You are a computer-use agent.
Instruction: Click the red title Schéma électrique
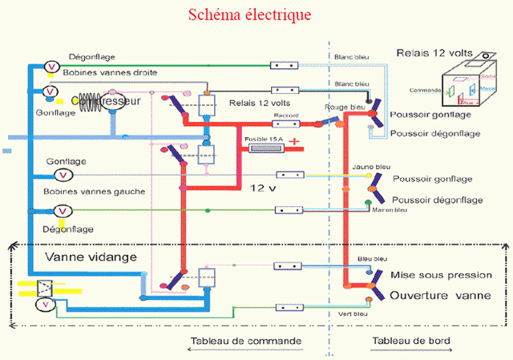(249, 15)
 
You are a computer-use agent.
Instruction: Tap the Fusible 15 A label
(263, 140)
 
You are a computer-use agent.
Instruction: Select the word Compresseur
(107, 102)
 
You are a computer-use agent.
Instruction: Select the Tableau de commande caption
(246, 341)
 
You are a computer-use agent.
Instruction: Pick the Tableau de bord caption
(411, 341)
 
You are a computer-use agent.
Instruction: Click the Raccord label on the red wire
(285, 115)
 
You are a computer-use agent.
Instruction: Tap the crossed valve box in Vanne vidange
(46, 286)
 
